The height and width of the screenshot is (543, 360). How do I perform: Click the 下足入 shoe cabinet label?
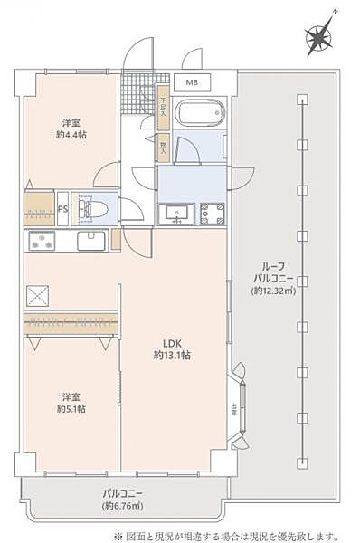click(x=163, y=108)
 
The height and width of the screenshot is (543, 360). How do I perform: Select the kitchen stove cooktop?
click(x=42, y=242)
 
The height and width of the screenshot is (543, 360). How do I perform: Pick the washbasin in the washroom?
click(x=175, y=214)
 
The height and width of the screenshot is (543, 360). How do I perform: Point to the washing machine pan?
click(x=211, y=214)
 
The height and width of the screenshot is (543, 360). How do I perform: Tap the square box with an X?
click(x=38, y=295)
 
